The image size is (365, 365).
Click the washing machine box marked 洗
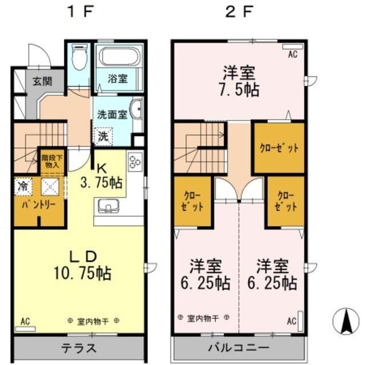[103, 136]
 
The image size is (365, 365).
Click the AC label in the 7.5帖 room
[293, 55]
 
